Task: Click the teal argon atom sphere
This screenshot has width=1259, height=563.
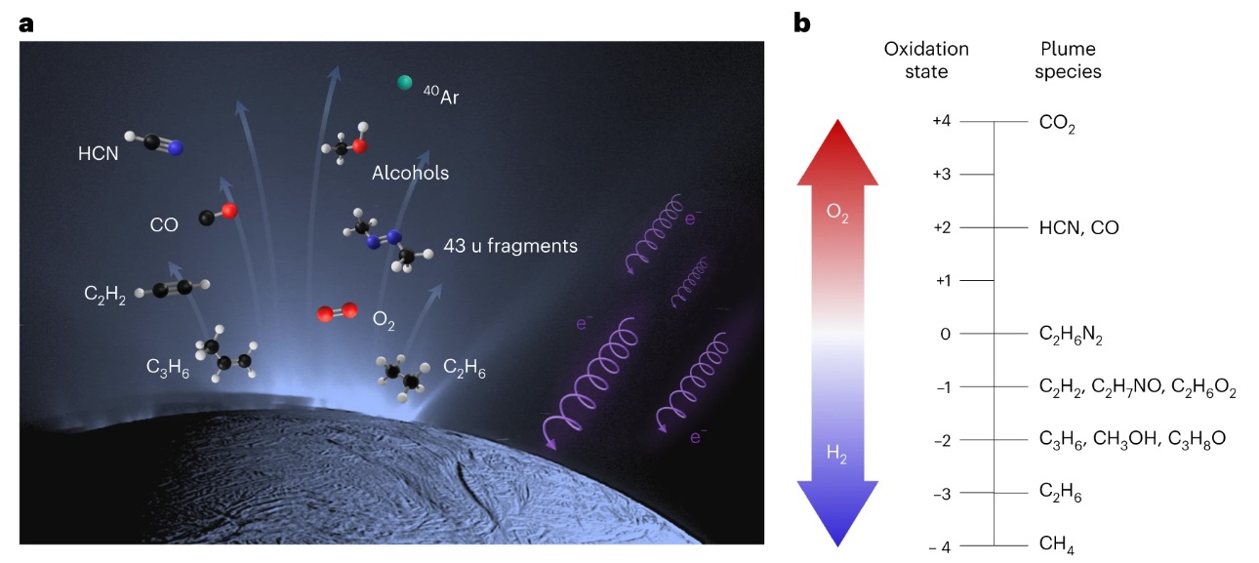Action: [405, 83]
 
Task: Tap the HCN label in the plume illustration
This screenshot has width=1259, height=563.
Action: [99, 153]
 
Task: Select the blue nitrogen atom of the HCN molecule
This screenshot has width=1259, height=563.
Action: [176, 148]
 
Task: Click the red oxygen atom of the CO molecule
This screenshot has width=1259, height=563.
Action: [228, 210]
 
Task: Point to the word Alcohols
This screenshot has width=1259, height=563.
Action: [410, 173]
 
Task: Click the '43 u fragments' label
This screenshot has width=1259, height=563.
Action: [509, 246]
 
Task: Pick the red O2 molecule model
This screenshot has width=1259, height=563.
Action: [336, 314]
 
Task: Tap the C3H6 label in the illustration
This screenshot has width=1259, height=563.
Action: [167, 367]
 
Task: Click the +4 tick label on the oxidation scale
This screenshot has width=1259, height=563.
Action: [941, 121]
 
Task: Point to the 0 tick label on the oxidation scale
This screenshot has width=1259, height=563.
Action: [945, 334]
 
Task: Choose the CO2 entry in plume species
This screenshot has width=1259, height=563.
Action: [1058, 123]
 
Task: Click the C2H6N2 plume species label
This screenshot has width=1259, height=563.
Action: [1071, 335]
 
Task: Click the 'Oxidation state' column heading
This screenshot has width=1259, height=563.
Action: [926, 60]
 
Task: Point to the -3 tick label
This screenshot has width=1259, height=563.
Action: [942, 494]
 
